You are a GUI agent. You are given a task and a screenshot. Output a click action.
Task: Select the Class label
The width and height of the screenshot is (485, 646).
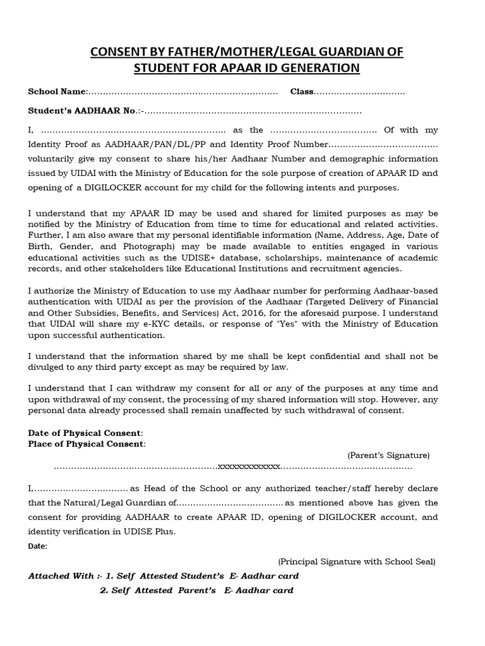[302, 92]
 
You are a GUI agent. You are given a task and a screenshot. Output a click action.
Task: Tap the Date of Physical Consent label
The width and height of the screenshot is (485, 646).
[85, 433]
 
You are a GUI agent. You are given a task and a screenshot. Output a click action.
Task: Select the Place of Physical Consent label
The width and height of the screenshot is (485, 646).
[87, 443]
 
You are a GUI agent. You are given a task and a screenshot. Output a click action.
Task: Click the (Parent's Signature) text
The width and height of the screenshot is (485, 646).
[388, 455]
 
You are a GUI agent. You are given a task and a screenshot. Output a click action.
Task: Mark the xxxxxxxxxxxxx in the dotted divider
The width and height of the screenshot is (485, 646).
[249, 467]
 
